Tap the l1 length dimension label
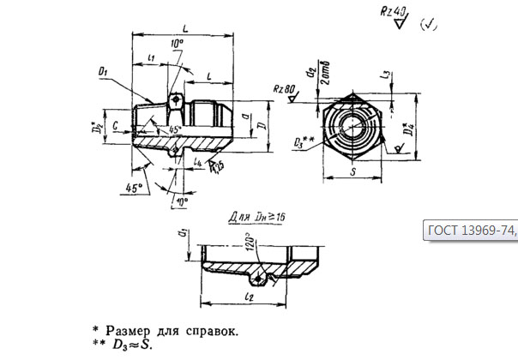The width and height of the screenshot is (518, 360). [x=151, y=57]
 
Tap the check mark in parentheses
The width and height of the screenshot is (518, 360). [x=429, y=24]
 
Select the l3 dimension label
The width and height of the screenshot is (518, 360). [x=390, y=77]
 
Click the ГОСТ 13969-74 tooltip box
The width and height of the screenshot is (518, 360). [x=471, y=230]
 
